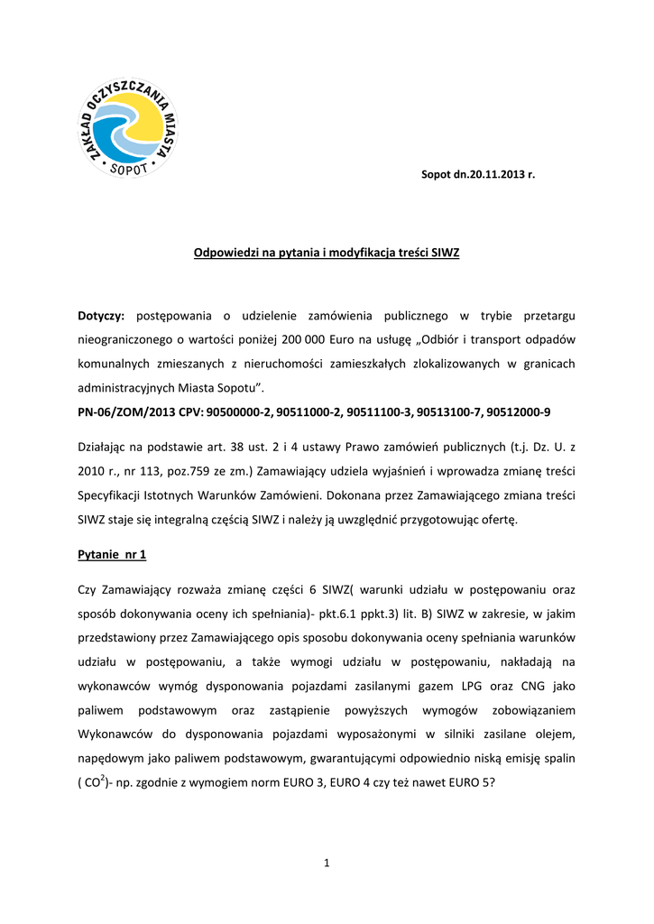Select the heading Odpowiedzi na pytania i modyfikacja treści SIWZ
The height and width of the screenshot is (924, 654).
pyautogui.click(x=327, y=253)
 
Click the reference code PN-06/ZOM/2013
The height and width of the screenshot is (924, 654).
pyautogui.click(x=120, y=411)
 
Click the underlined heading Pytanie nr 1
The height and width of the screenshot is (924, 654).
pyautogui.click(x=112, y=554)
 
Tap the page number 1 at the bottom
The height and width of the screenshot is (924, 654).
pyautogui.click(x=327, y=864)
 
